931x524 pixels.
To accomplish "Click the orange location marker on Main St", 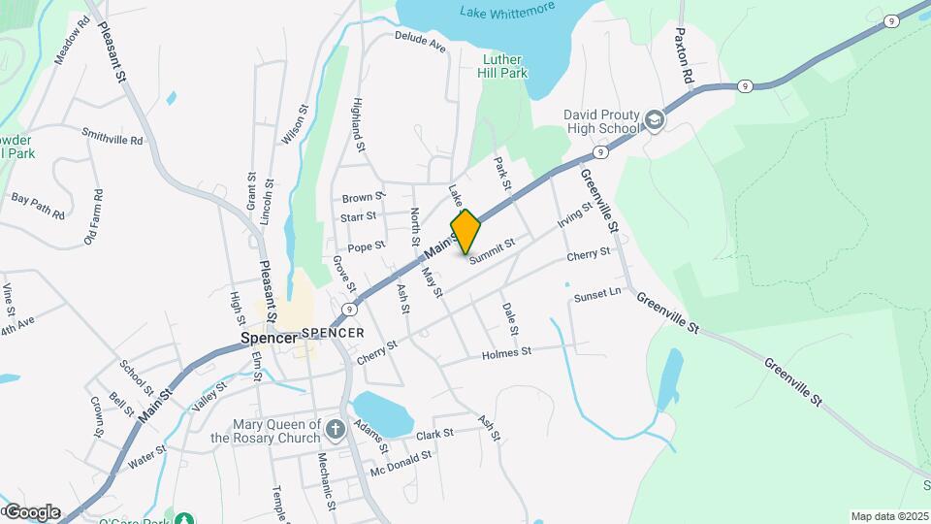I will [465, 232].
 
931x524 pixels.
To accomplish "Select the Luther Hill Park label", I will [504, 65].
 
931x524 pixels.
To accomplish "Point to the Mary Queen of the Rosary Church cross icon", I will [335, 429].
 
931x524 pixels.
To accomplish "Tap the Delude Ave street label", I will [419, 42].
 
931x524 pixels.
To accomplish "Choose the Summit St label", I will [491, 251].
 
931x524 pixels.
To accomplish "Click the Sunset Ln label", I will [596, 294].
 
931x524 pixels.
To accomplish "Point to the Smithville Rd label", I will [112, 138].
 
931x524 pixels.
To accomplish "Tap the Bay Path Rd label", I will [38, 206].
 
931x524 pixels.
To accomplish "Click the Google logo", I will [31, 512].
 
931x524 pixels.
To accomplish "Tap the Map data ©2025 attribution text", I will [888, 516].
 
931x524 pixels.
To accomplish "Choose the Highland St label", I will [358, 125].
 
